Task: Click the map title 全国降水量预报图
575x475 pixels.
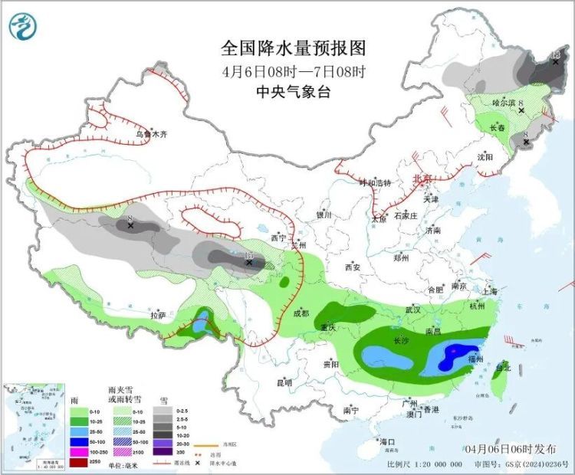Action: pos(294,49)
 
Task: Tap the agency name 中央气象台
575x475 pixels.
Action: pos(294,92)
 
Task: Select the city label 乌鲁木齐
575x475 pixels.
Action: pos(151,135)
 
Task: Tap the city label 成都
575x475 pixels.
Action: pos(301,313)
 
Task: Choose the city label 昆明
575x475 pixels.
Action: pos(284,382)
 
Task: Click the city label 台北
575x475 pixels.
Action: pos(502,368)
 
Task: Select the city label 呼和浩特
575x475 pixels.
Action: pos(376,183)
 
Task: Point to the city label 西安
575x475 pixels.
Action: pos(352,267)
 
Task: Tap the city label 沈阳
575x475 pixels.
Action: pos(485,157)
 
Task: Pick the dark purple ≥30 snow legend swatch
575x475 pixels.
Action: pos(162,452)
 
